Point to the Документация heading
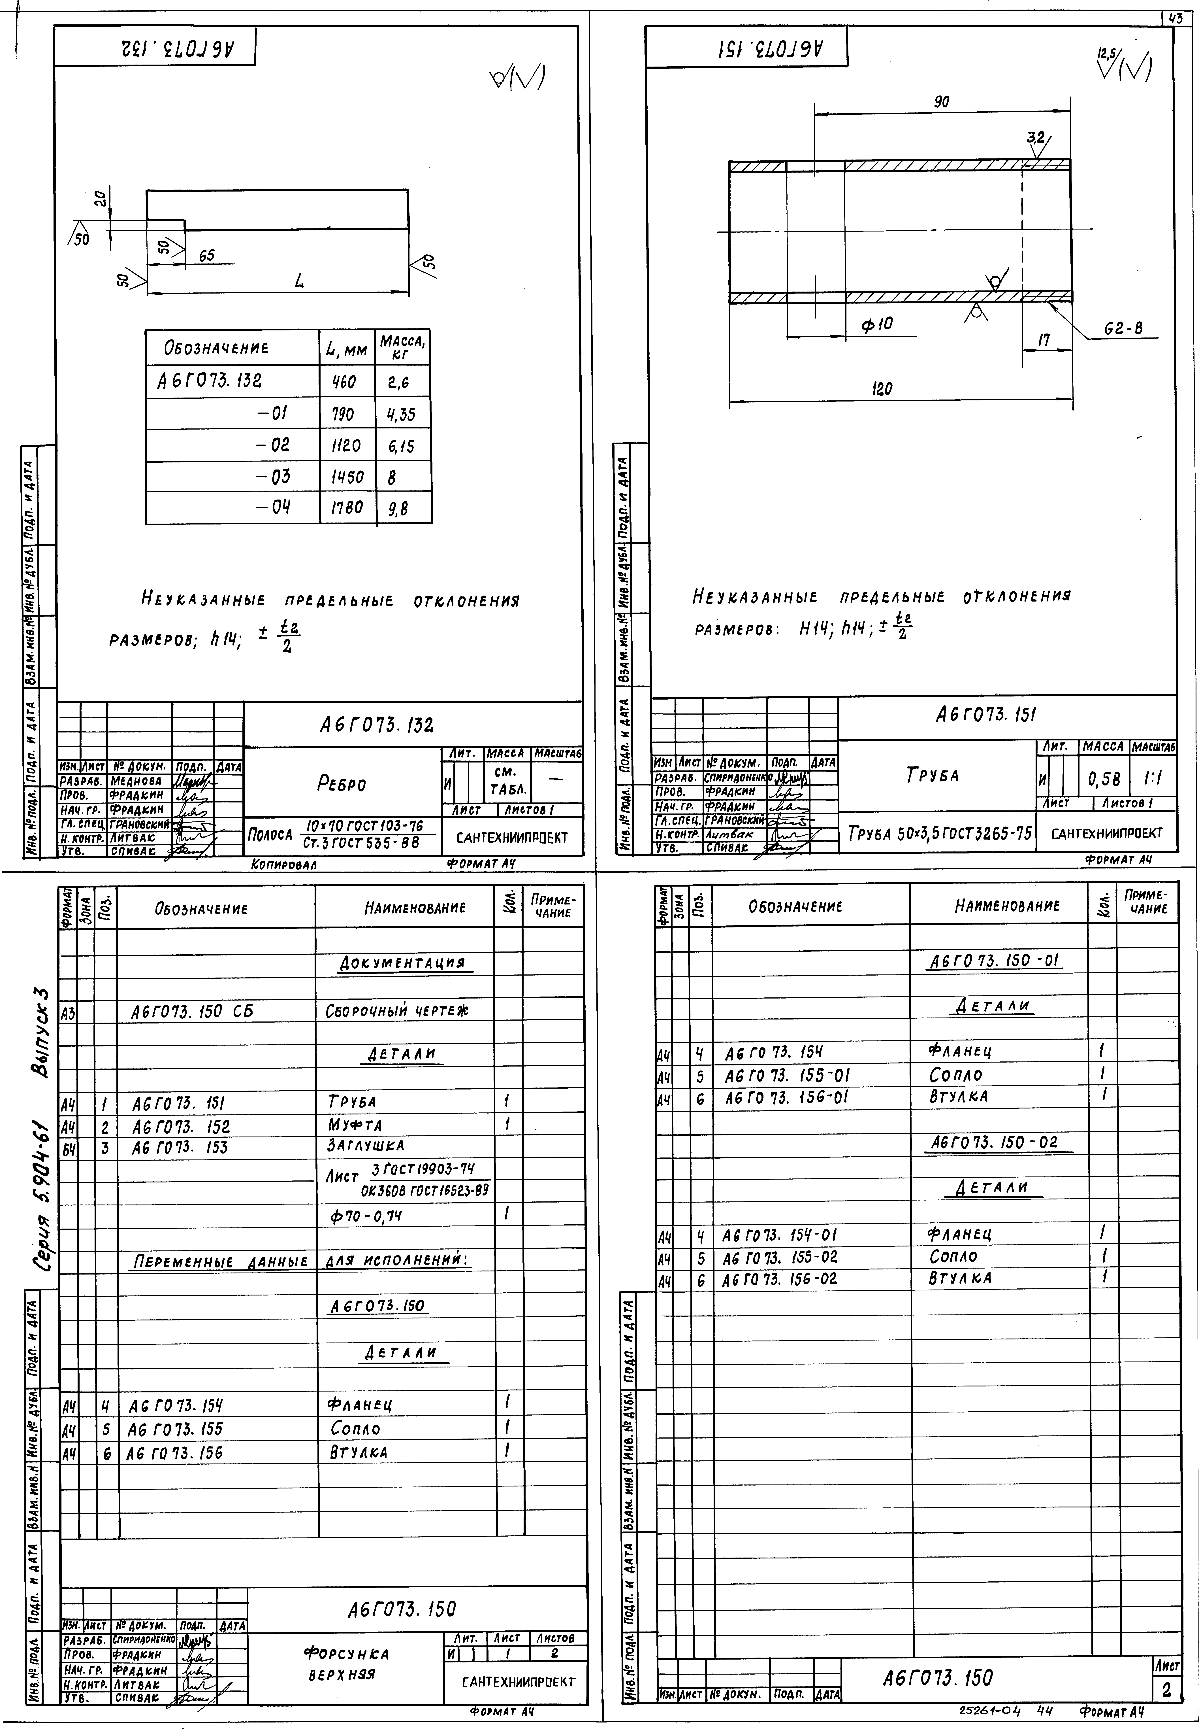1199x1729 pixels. (403, 963)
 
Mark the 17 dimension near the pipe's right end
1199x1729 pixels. (1044, 340)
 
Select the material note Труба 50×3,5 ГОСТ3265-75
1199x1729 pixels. (939, 833)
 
